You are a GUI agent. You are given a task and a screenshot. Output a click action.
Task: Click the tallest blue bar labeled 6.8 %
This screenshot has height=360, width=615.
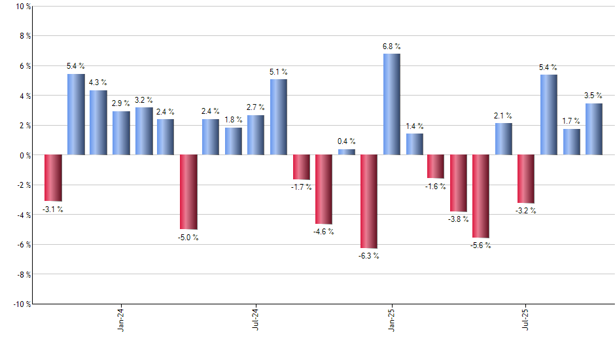[x=391, y=104]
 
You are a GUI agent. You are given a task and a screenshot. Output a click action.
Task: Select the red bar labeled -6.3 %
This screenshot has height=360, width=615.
[x=369, y=202]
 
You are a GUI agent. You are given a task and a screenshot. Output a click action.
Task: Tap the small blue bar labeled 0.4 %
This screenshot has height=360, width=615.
[x=347, y=152]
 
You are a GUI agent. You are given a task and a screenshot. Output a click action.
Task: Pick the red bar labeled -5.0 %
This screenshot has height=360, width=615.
[x=188, y=192]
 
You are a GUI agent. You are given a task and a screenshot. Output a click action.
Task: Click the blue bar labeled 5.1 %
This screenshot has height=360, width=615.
[x=278, y=117]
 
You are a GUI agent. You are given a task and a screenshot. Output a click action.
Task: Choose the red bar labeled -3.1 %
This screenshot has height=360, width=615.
[x=53, y=177]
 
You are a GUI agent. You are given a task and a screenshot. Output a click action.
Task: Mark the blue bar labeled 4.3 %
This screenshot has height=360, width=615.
[x=98, y=122]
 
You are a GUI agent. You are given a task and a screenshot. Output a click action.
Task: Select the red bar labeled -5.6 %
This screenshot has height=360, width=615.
[x=482, y=196]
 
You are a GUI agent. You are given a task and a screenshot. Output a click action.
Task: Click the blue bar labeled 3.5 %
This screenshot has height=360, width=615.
[x=594, y=129]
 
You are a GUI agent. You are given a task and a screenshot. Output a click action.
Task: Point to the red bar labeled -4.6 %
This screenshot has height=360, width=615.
[x=324, y=189]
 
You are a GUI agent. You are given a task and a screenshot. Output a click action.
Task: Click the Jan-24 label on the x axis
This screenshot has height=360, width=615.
[x=121, y=319]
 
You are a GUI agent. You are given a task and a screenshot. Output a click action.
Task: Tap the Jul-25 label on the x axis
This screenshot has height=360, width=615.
[x=527, y=319]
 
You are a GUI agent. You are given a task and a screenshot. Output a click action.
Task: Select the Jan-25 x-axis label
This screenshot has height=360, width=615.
[x=391, y=319]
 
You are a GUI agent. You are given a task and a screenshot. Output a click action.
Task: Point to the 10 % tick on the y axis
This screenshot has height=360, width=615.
[x=22, y=7]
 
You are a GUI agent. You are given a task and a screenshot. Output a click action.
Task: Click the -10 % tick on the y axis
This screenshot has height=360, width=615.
[x=21, y=304]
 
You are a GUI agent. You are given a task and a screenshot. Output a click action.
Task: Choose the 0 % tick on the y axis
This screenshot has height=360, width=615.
[x=24, y=155]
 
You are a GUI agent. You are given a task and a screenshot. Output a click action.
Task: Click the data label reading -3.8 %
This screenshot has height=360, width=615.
[x=458, y=219]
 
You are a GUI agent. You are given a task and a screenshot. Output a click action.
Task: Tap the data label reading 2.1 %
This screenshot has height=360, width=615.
[x=504, y=116]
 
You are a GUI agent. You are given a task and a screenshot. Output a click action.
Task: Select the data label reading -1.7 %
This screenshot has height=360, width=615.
[x=301, y=187]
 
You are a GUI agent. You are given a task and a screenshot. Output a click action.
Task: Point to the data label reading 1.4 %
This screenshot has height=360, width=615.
[x=414, y=126]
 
